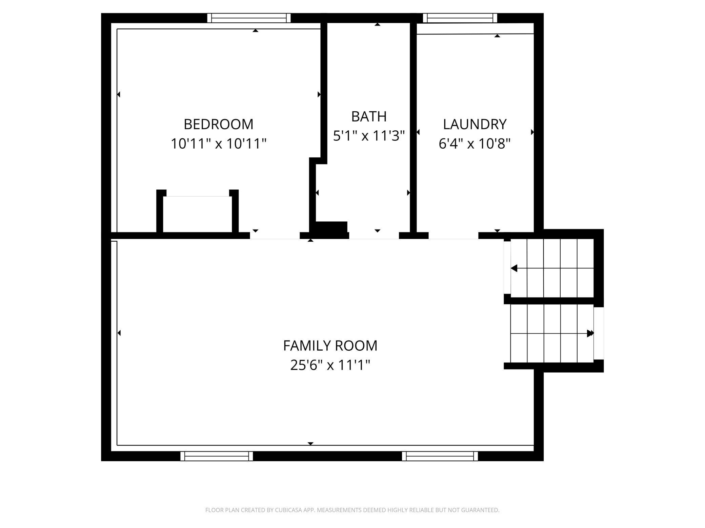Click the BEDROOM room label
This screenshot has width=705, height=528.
coord(218,124)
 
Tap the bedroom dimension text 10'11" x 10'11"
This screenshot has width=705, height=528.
coord(218,144)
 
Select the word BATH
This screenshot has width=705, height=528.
coord(369,116)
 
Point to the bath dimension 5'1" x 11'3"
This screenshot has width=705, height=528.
coord(369,136)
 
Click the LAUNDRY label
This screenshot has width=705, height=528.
coord(475,124)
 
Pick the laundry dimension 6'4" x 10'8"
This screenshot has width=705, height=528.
coord(475,144)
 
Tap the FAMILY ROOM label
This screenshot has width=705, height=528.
coord(330,346)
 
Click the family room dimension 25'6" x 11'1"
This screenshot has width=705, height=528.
coord(330,365)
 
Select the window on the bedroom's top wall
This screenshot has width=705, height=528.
coord(249,18)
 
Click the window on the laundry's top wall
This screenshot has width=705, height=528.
coord(460,18)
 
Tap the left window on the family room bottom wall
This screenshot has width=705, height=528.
coord(217,456)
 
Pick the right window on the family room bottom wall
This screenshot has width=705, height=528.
coord(440,456)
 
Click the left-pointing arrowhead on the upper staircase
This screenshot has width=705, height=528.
coord(514,268)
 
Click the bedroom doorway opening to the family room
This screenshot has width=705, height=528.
coord(275,236)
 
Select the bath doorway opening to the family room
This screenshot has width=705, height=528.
coord(374,236)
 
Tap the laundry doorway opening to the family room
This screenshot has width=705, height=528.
coord(454,236)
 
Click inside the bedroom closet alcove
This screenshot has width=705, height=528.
coord(198,214)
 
